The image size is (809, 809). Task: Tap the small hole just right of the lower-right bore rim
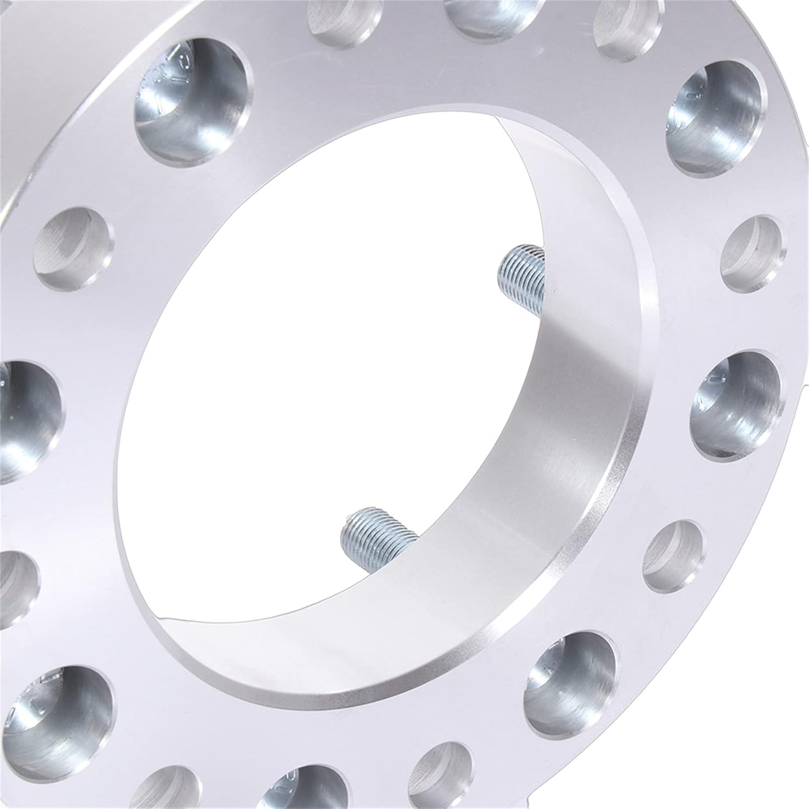674,556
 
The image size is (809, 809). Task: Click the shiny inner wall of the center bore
582,410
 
